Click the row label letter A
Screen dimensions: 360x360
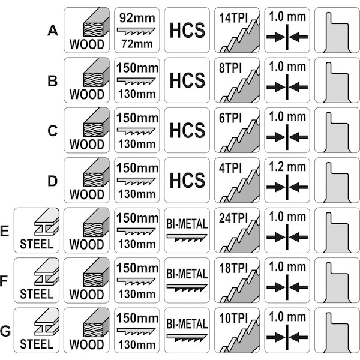pos(53,31)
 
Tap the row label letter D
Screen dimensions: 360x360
pos(52,181)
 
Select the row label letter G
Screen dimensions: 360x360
pos(5,331)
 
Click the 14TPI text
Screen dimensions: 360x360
pos(233,18)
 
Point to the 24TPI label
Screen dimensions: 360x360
pos(233,218)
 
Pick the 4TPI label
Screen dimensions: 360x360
pos(230,168)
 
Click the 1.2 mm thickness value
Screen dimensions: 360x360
pos(287,167)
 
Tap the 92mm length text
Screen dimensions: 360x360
pos(137,18)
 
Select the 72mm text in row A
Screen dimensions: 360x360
pos(137,44)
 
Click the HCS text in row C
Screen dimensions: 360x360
pos(187,130)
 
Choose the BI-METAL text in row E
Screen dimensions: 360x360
pos(187,224)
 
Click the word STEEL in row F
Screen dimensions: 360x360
pos(37,294)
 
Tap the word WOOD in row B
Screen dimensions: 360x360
pos(87,94)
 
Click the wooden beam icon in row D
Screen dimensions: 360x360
pos(96,172)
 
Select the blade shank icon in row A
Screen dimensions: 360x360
pos(337,32)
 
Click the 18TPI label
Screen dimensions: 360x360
pos(233,268)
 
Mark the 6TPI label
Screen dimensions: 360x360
pos(230,118)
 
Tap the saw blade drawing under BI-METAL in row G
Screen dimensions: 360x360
pos(187,338)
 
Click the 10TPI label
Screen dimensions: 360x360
pos(233,318)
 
